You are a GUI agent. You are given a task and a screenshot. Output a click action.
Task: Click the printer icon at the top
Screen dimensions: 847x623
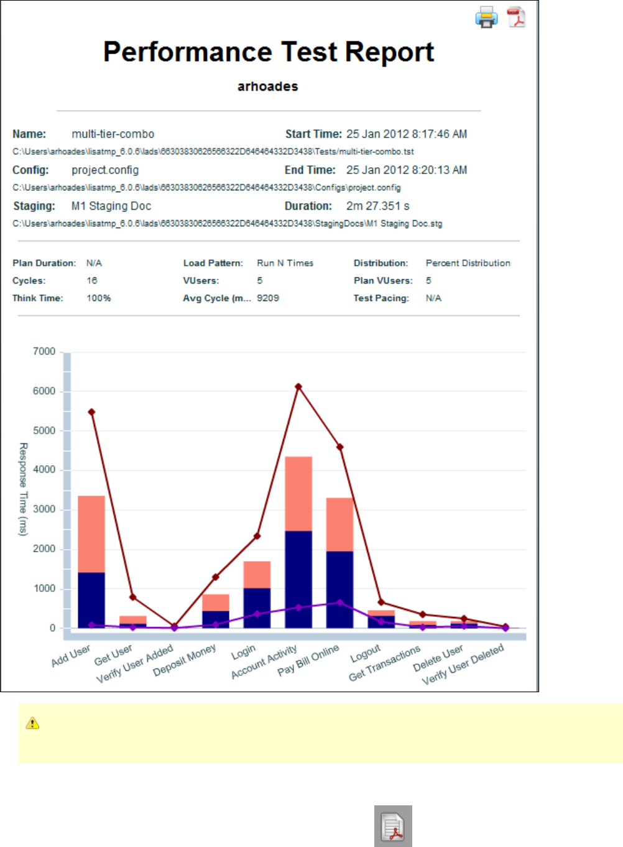tap(486, 17)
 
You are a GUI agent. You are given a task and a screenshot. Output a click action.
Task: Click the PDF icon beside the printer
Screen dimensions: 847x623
tap(516, 17)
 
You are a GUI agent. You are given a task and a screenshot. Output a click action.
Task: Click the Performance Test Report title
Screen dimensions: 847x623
tap(269, 52)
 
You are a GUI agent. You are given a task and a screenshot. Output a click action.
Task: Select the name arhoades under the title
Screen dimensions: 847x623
tap(268, 86)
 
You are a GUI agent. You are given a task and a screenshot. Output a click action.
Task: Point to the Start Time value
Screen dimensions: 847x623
tap(407, 134)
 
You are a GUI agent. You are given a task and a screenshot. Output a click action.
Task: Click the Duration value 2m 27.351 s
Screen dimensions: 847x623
tap(378, 206)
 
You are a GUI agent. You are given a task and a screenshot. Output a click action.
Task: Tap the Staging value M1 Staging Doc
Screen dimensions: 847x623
tap(111, 206)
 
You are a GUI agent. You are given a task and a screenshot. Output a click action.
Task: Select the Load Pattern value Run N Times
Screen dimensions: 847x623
tap(285, 263)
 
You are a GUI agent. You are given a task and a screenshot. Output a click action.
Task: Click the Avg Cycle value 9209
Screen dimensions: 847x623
tap(268, 298)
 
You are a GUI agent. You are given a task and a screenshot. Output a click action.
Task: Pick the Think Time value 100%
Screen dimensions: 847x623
tap(99, 298)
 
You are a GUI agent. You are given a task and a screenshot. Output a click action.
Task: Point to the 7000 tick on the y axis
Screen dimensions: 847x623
tap(44, 351)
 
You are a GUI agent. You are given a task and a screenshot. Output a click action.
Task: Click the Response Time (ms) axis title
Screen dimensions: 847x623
tap(23, 489)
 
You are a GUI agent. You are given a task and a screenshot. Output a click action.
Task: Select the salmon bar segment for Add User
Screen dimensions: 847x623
tap(91, 534)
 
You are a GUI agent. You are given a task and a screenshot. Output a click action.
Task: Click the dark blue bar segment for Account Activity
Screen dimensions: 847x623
tap(298, 579)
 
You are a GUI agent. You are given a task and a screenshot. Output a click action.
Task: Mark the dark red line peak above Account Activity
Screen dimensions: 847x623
tap(298, 387)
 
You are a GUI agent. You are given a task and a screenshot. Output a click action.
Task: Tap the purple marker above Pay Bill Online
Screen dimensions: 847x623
tap(339, 603)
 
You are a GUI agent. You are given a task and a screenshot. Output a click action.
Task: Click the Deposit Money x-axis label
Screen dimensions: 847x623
tap(185, 659)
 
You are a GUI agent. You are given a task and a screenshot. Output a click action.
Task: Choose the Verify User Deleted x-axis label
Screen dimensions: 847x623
tap(463, 664)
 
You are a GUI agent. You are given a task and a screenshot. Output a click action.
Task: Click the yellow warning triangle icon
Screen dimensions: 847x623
tap(32, 723)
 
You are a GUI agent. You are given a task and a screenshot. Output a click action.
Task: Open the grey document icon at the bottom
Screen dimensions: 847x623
tap(393, 826)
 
